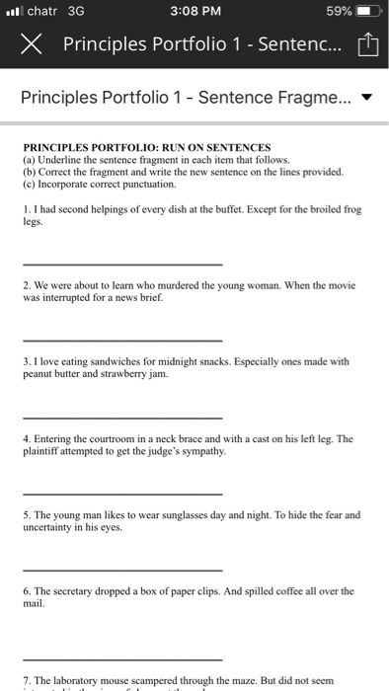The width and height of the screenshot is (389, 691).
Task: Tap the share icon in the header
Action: pyautogui.click(x=367, y=44)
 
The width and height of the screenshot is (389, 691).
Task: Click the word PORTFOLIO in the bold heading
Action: pyautogui.click(x=122, y=146)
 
